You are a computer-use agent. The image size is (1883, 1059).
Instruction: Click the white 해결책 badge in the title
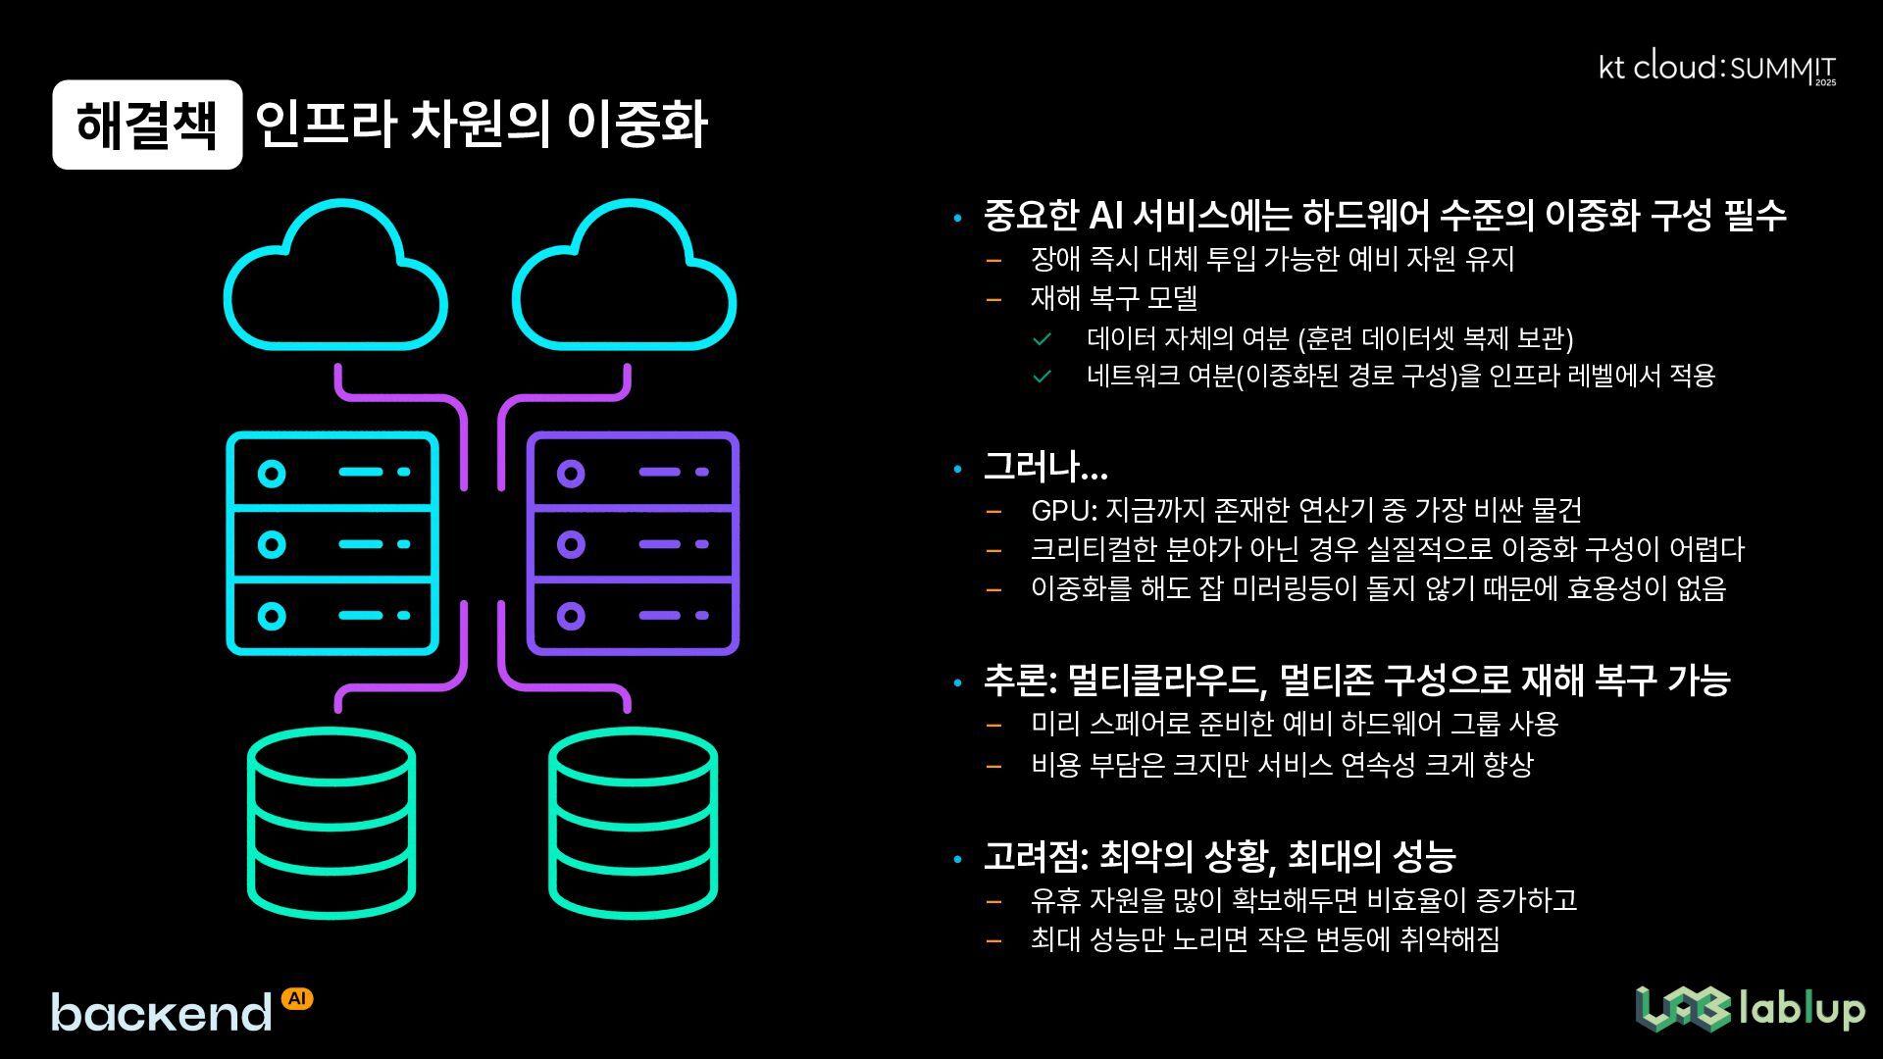(x=147, y=125)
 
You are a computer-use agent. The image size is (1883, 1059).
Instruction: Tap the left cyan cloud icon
(x=335, y=279)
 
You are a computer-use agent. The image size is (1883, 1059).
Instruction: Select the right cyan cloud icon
(x=624, y=279)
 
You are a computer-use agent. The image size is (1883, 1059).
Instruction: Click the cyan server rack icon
(x=332, y=543)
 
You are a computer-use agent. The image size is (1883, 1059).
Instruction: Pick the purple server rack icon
(x=633, y=543)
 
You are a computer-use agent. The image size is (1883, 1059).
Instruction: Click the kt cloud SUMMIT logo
(x=1716, y=69)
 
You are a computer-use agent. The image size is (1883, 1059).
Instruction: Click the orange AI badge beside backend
(x=297, y=998)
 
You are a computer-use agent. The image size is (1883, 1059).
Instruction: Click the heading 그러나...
(x=1044, y=467)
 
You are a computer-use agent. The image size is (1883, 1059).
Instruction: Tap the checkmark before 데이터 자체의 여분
(x=1042, y=339)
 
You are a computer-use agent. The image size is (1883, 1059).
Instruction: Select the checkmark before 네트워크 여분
(x=1042, y=377)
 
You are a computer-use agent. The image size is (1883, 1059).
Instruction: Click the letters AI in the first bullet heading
(x=1106, y=216)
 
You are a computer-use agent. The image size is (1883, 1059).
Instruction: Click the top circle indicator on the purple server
(x=571, y=474)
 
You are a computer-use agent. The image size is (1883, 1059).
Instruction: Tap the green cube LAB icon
(x=1681, y=1009)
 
